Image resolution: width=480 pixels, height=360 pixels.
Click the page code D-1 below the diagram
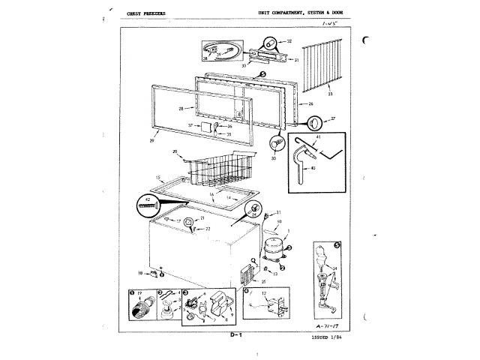click(x=235, y=334)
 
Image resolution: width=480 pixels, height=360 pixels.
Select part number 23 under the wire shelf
click(x=330, y=94)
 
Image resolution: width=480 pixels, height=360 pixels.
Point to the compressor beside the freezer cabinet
click(x=274, y=247)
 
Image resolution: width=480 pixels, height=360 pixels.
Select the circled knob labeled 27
click(x=315, y=122)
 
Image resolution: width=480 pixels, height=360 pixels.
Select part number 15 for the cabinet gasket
click(x=158, y=178)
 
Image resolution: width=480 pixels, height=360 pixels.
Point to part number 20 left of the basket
click(x=174, y=152)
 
